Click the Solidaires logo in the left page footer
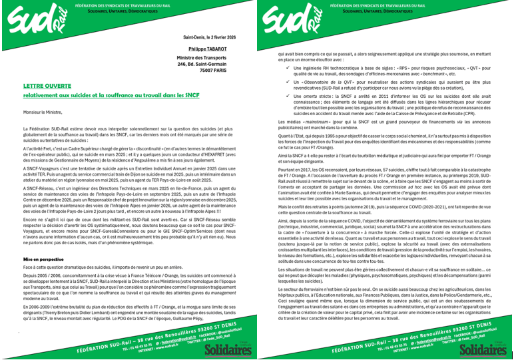click(228, 347)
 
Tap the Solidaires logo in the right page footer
click(484, 347)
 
